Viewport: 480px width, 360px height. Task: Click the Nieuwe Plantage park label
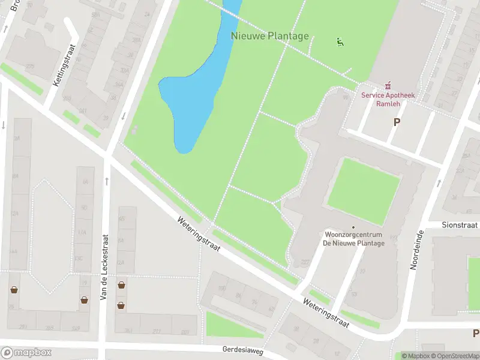(x=270, y=36)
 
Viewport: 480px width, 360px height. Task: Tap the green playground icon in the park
(x=340, y=42)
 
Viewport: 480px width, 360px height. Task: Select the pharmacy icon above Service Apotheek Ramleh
(x=388, y=86)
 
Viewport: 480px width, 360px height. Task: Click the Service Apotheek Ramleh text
(x=388, y=99)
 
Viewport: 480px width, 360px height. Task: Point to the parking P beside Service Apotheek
(x=396, y=122)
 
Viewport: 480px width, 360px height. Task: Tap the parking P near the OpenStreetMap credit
(x=475, y=333)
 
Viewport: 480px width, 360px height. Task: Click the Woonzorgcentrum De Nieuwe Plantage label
(x=353, y=238)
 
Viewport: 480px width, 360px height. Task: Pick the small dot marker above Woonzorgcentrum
(x=353, y=227)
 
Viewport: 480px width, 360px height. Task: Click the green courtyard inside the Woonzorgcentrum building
(x=363, y=191)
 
